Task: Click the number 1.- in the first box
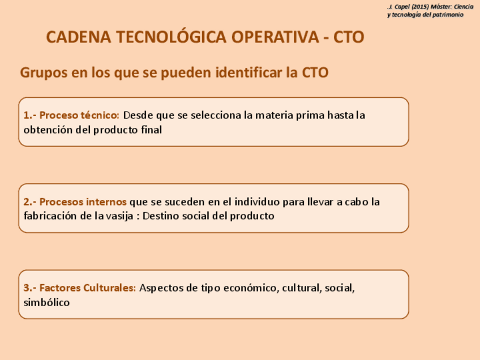30,115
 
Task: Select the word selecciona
216,115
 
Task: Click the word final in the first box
152,130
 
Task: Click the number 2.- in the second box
30,202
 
